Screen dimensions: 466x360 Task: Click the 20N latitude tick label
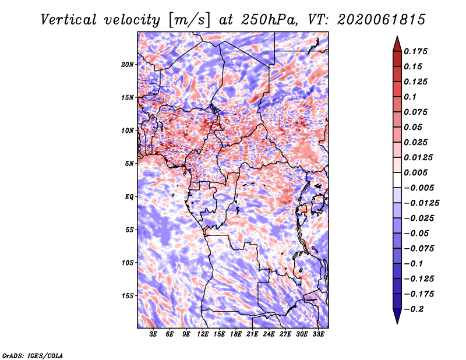tap(128, 65)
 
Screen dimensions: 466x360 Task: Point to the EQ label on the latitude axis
tap(129, 197)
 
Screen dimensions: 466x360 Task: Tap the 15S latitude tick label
tap(128, 296)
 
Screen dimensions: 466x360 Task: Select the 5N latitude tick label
tap(129, 164)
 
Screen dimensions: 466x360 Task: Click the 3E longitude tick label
tap(153, 334)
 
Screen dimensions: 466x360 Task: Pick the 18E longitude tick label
tap(236, 334)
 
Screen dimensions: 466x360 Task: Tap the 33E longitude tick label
tap(318, 334)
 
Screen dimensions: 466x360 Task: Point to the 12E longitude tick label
tap(203, 334)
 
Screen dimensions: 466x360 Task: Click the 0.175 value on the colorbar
tap(415, 51)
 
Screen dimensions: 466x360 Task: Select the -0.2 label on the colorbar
tap(414, 309)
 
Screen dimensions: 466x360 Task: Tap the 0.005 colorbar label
tap(415, 172)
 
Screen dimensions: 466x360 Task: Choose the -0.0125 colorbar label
tap(421, 203)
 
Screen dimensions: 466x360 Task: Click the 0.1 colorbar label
tap(410, 97)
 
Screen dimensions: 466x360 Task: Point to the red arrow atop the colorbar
tap(397, 44)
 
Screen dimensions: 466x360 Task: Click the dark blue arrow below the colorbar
tap(397, 316)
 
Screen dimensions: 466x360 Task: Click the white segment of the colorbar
tap(397, 180)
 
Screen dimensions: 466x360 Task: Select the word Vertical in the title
tap(69, 20)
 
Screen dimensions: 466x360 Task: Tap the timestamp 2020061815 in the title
tap(382, 20)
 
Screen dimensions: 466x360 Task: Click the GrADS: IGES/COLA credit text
tap(33, 355)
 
